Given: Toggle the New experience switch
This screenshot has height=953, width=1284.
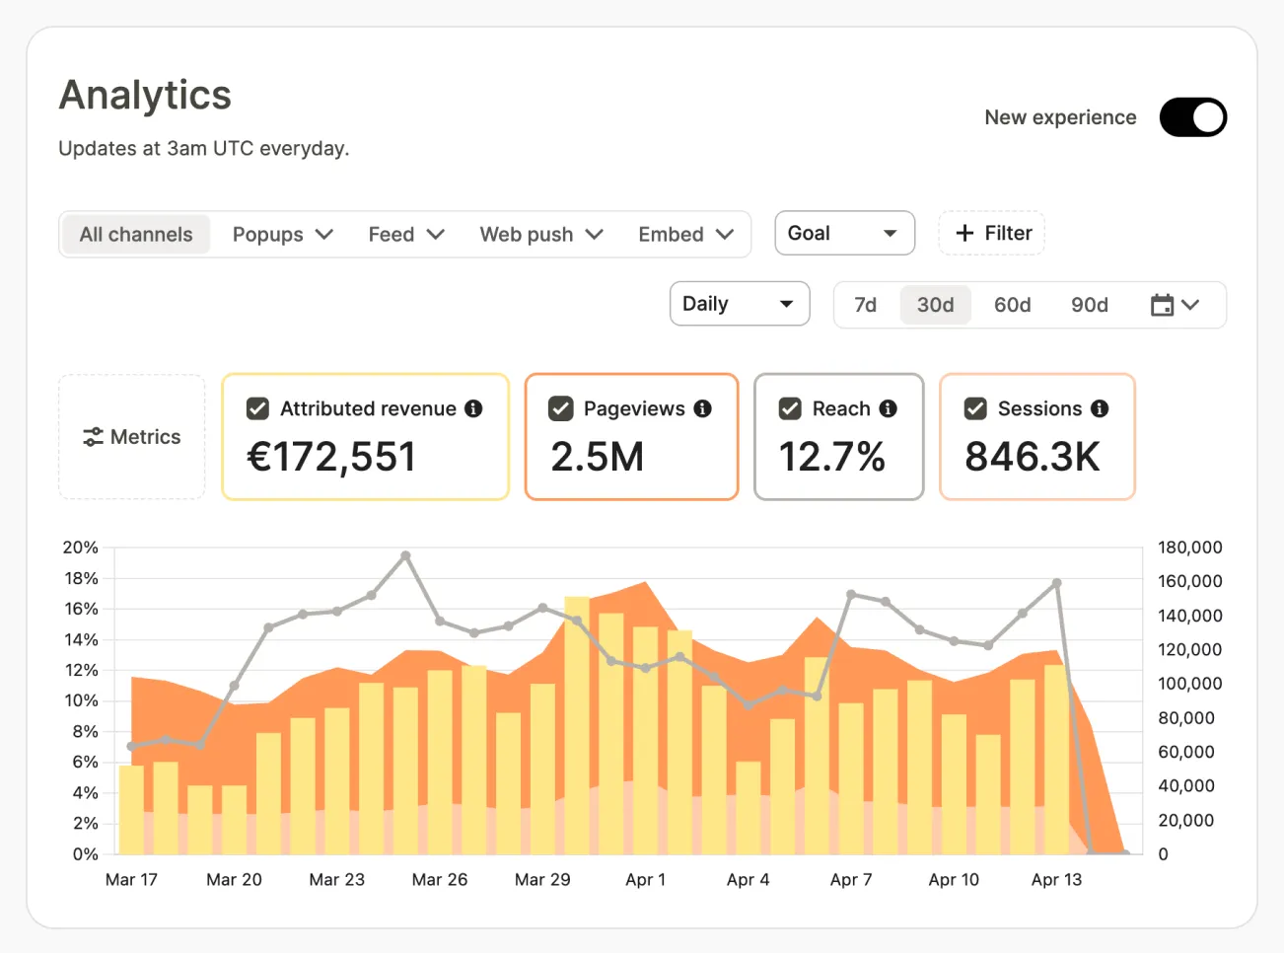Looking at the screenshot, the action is click(1192, 117).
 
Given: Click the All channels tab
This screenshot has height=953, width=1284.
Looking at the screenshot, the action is click(136, 234).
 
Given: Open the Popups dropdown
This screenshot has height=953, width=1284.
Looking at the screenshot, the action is click(282, 234).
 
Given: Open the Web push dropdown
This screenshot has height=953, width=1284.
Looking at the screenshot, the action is click(541, 234).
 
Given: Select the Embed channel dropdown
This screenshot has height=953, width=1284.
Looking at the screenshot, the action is click(686, 234).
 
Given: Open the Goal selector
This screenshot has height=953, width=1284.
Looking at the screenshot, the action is click(844, 233).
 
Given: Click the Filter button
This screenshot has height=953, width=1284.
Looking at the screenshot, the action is click(992, 233).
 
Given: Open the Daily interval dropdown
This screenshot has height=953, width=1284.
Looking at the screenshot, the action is click(740, 304).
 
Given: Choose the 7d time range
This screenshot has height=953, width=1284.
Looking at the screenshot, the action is click(866, 305).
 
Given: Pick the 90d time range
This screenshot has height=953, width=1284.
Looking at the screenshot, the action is click(1089, 305).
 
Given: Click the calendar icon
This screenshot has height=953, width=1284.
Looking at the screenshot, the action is click(1162, 305).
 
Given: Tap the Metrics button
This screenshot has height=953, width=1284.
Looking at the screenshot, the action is click(132, 437).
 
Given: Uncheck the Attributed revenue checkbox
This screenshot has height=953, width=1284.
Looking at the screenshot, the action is click(257, 408).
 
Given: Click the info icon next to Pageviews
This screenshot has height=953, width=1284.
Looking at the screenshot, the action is click(703, 408).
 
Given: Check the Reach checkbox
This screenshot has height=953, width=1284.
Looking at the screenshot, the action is click(790, 408).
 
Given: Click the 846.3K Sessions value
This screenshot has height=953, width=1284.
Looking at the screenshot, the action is click(1032, 457).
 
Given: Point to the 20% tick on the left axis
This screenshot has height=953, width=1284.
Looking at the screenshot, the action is click(81, 547).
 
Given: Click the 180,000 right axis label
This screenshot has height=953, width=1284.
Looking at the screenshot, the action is click(1189, 547).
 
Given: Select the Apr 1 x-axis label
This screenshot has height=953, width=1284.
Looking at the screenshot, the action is click(646, 879).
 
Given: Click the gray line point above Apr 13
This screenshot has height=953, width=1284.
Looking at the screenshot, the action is click(1056, 583).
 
